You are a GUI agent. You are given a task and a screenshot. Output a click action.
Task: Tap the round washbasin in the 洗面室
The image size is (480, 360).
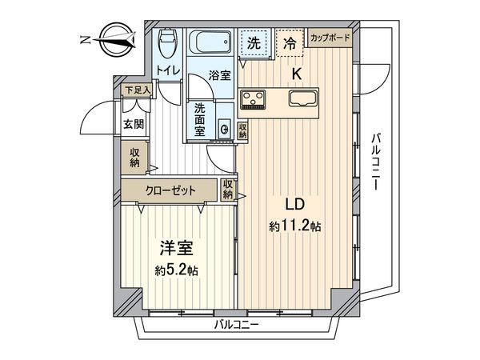point(225,129)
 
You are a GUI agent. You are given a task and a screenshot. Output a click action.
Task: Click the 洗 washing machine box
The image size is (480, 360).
point(253,43)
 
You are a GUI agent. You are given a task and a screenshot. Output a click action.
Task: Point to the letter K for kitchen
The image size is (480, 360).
point(295,74)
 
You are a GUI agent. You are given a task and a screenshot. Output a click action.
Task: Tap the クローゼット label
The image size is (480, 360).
point(169,190)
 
